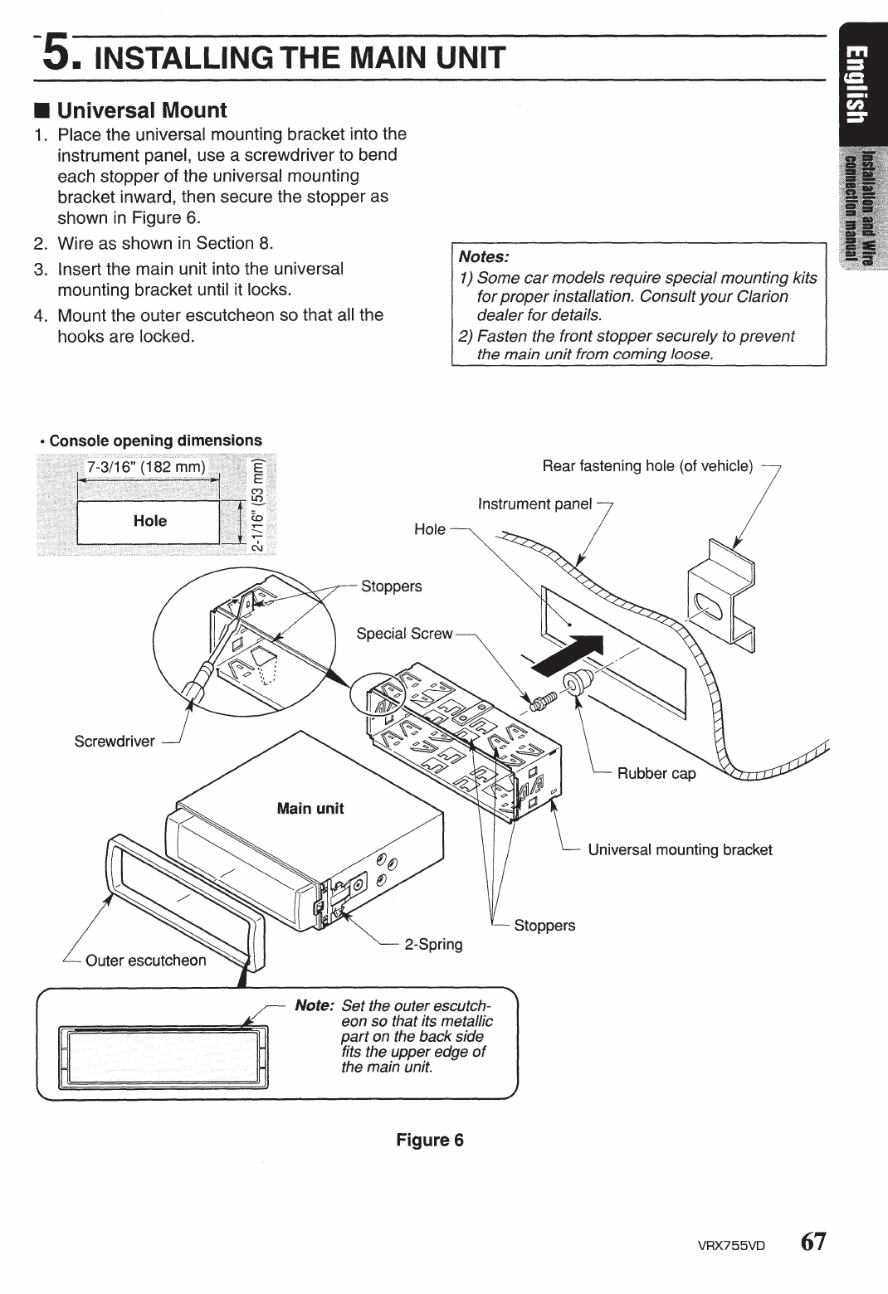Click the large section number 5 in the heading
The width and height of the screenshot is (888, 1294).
pyautogui.click(x=61, y=55)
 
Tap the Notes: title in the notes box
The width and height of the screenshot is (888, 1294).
pyautogui.click(x=483, y=256)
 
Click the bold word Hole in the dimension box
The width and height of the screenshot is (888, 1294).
pyautogui.click(x=150, y=521)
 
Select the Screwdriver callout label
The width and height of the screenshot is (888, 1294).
pyautogui.click(x=115, y=741)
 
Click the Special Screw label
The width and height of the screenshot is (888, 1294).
pyautogui.click(x=404, y=634)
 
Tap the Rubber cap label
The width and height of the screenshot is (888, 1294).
pyautogui.click(x=656, y=773)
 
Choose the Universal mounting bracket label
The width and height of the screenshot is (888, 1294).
pyautogui.click(x=680, y=849)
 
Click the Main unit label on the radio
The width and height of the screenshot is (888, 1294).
pyautogui.click(x=310, y=808)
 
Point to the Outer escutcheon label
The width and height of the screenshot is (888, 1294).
pyautogui.click(x=145, y=960)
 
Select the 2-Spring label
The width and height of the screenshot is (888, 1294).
pyautogui.click(x=433, y=944)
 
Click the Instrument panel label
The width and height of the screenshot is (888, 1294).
pyautogui.click(x=534, y=503)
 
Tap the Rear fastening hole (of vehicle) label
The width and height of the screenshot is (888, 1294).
pyautogui.click(x=647, y=465)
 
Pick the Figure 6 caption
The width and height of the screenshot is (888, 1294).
pyautogui.click(x=429, y=1140)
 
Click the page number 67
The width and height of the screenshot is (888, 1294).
pyautogui.click(x=813, y=1243)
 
